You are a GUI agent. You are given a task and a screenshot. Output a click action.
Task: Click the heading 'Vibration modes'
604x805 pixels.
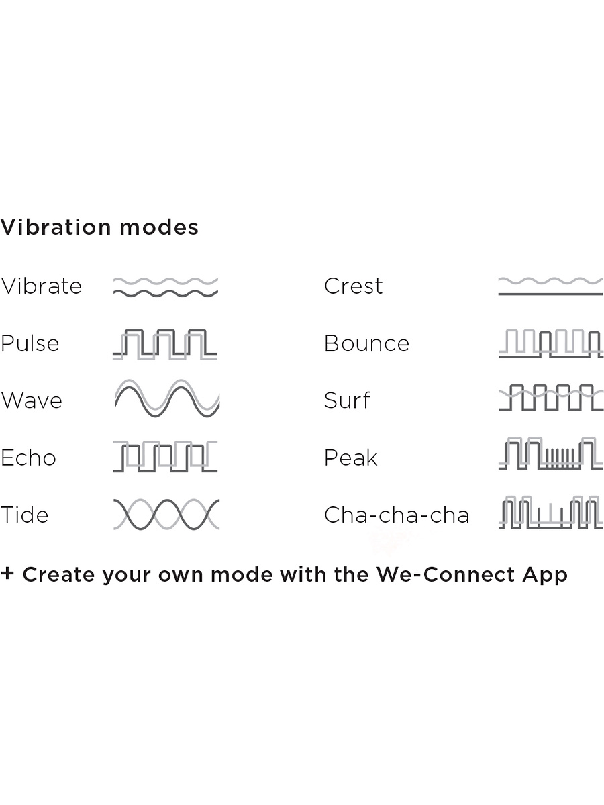(99, 227)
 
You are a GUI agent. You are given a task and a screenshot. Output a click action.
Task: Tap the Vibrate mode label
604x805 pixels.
(41, 286)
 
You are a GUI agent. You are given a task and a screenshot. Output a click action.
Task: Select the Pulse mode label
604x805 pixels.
(30, 343)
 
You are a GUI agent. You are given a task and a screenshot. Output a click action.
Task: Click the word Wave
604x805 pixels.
(32, 400)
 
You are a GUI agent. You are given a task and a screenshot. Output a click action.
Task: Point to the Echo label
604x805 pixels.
(28, 458)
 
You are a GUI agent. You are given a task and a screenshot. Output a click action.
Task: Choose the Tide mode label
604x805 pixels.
(25, 515)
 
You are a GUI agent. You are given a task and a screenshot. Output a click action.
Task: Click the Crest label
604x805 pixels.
(354, 286)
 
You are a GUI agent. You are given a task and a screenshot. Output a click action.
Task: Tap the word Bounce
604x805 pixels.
(366, 343)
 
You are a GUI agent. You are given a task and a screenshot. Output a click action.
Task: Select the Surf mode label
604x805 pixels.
(347, 400)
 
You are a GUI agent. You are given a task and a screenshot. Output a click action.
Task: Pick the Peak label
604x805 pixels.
(351, 458)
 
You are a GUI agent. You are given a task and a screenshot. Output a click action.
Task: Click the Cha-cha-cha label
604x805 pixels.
(397, 515)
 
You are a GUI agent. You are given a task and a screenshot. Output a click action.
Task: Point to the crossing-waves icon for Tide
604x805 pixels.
(166, 514)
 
